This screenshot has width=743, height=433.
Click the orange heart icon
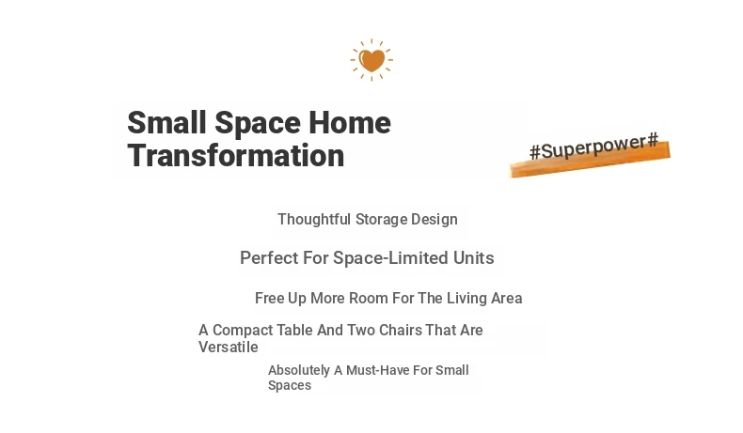[371, 60]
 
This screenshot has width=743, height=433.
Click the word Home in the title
[350, 122]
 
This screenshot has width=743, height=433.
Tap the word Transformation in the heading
[236, 156]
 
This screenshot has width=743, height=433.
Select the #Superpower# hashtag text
[593, 147]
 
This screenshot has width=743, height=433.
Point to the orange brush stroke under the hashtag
[590, 161]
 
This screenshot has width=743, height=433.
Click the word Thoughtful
[314, 219]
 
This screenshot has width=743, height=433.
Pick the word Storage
[381, 220]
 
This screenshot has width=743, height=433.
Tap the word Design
[435, 220]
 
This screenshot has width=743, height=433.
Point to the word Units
[473, 258]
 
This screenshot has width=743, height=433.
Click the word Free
[269, 298]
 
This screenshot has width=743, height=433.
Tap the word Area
[507, 298]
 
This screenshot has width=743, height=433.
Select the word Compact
[243, 330]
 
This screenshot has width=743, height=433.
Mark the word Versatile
[229, 347]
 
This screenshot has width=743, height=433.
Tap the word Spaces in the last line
[290, 385]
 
